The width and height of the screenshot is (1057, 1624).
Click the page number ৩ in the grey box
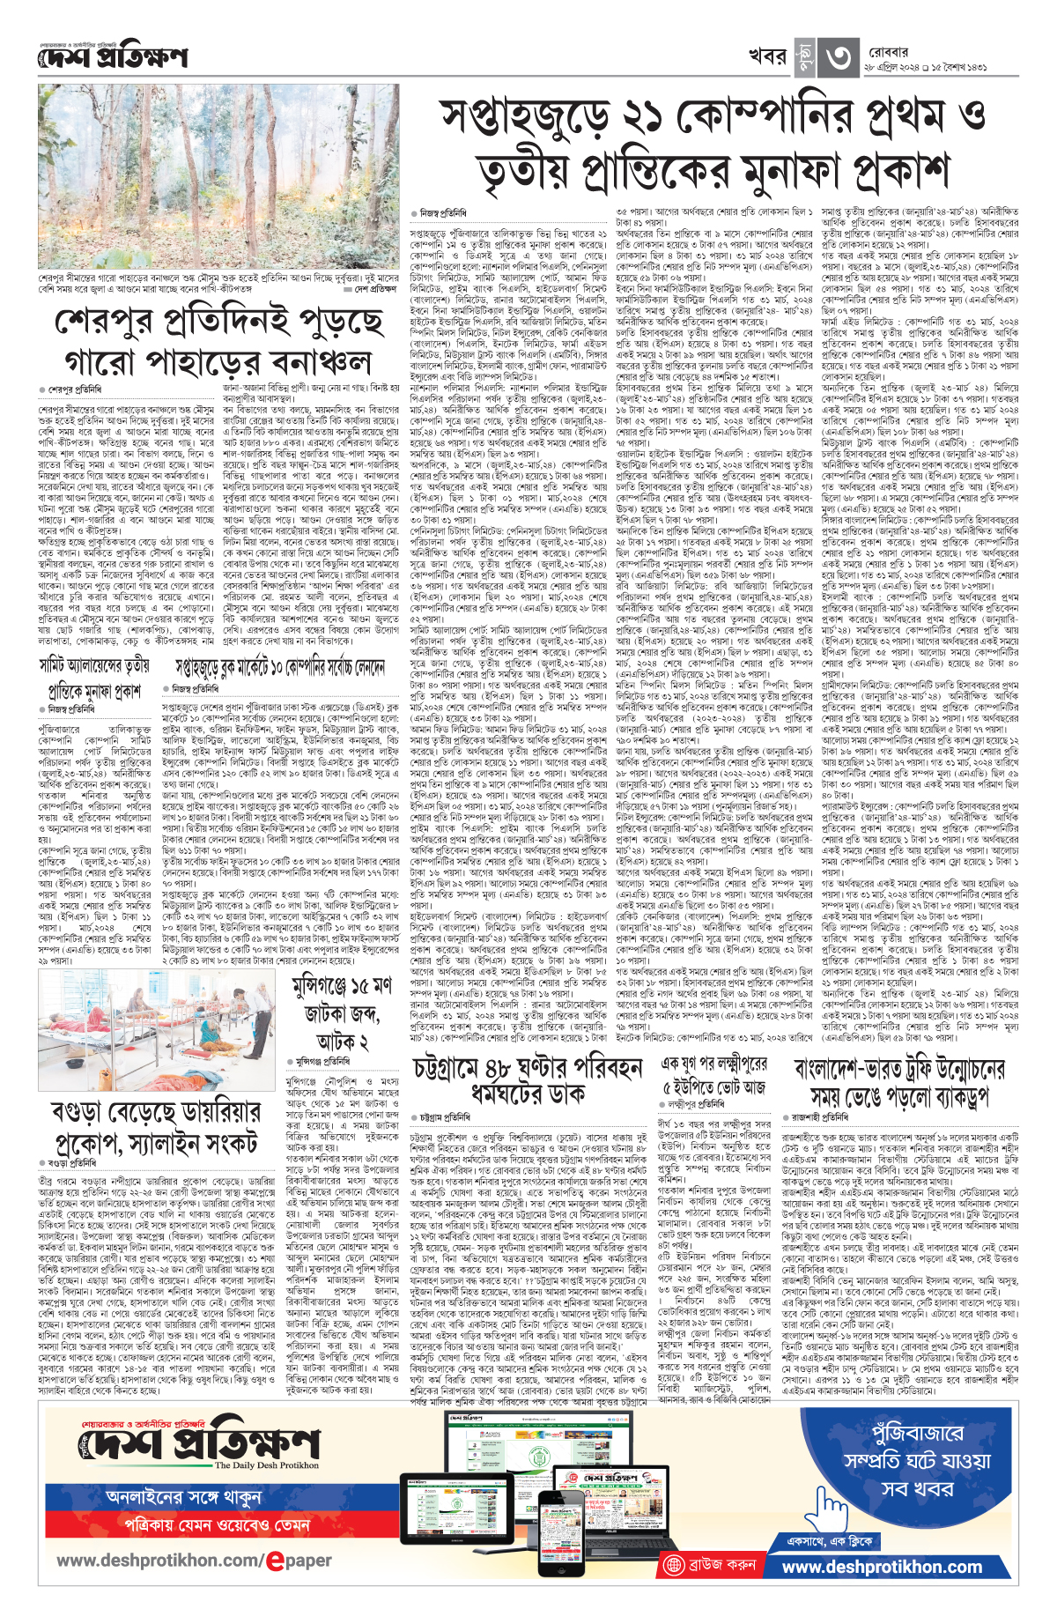[836, 57]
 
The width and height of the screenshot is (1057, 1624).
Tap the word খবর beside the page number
[766, 57]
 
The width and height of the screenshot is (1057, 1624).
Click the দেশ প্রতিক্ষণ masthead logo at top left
[113, 58]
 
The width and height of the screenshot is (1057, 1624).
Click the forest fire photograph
[218, 176]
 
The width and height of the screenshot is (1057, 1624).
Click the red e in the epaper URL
[274, 1561]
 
